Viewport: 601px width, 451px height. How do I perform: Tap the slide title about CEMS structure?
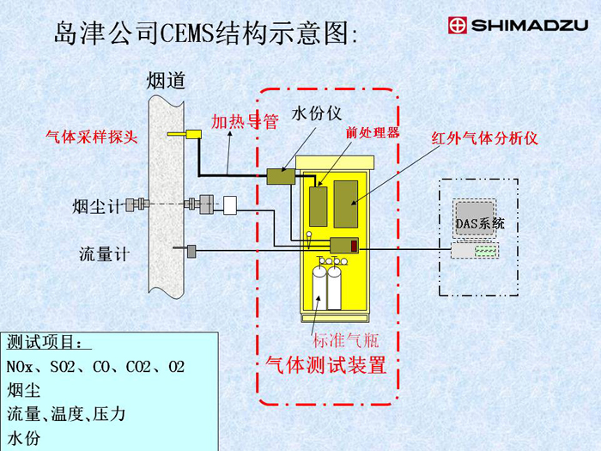click(x=204, y=34)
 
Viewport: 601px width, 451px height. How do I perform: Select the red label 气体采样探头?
click(x=91, y=136)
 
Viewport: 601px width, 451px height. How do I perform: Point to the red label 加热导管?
click(x=245, y=121)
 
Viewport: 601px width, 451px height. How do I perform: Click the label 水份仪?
click(x=318, y=113)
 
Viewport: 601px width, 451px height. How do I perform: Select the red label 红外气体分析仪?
click(x=484, y=137)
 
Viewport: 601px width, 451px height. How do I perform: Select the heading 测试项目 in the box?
click(x=48, y=342)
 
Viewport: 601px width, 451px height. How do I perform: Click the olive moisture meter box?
click(x=280, y=176)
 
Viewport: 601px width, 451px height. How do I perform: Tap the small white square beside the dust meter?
click(x=230, y=204)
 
